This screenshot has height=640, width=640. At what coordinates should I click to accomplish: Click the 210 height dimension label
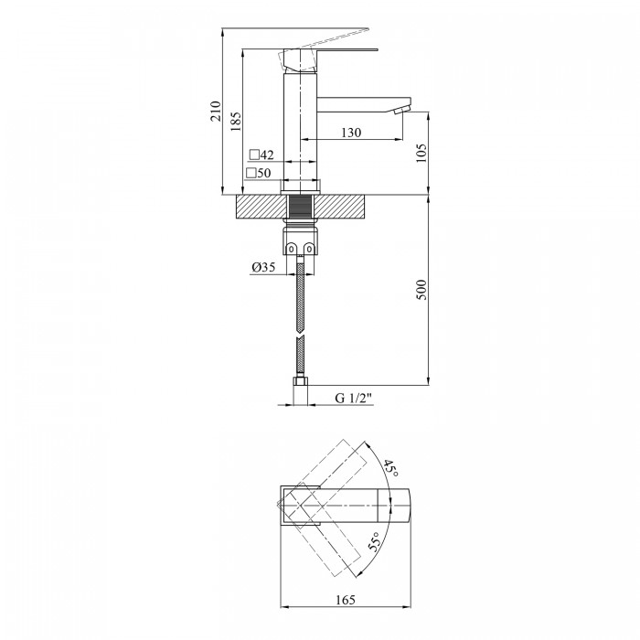(216, 111)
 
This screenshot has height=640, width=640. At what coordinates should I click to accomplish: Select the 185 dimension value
(236, 122)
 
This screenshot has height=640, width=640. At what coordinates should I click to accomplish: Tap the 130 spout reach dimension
(351, 133)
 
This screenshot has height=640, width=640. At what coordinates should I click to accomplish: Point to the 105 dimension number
(421, 153)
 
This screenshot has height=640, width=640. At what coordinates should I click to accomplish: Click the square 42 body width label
(261, 155)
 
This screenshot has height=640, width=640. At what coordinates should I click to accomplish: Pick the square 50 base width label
(259, 173)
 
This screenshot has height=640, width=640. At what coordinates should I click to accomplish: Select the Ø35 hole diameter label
(263, 267)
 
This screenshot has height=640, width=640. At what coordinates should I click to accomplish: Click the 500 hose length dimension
(421, 290)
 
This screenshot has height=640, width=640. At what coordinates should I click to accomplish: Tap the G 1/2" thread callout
(354, 398)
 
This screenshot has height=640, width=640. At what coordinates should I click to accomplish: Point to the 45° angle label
(390, 468)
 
